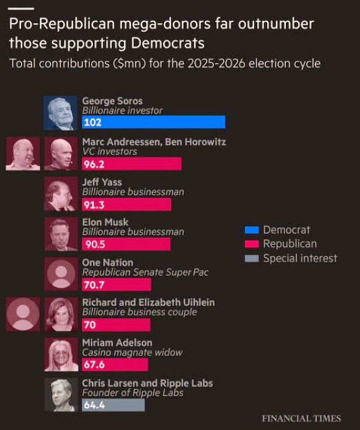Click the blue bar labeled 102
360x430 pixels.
coord(154,122)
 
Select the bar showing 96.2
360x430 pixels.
coord(132,164)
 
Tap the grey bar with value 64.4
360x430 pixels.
coord(114,405)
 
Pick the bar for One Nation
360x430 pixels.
coord(116,285)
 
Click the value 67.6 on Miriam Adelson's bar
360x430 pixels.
coord(94,365)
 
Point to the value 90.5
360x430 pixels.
coord(95,244)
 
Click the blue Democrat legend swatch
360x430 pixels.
coord(252,230)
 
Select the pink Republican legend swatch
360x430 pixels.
coord(252,244)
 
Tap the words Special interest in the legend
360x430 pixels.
coord(300,258)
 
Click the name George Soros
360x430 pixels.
coord(112,101)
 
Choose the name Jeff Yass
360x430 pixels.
coord(102,182)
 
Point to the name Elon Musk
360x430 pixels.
coord(105,222)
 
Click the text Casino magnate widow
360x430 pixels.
coord(132,352)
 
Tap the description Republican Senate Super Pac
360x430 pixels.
coord(145,273)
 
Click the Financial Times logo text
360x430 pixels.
coord(301,418)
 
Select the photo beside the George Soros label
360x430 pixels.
coord(60,113)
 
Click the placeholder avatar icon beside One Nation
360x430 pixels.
coord(61,274)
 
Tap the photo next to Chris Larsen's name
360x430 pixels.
coord(61,394)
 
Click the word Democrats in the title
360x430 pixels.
coord(168,43)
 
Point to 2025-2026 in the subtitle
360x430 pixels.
coord(216,64)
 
